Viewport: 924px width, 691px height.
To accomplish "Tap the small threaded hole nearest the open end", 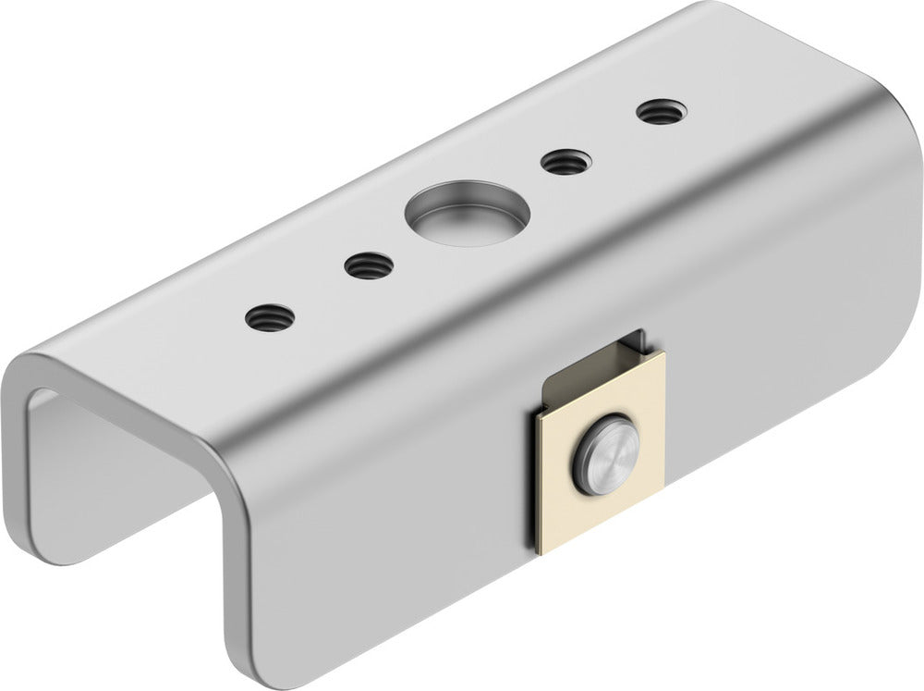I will [270, 318].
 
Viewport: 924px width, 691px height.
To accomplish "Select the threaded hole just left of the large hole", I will [370, 267].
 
